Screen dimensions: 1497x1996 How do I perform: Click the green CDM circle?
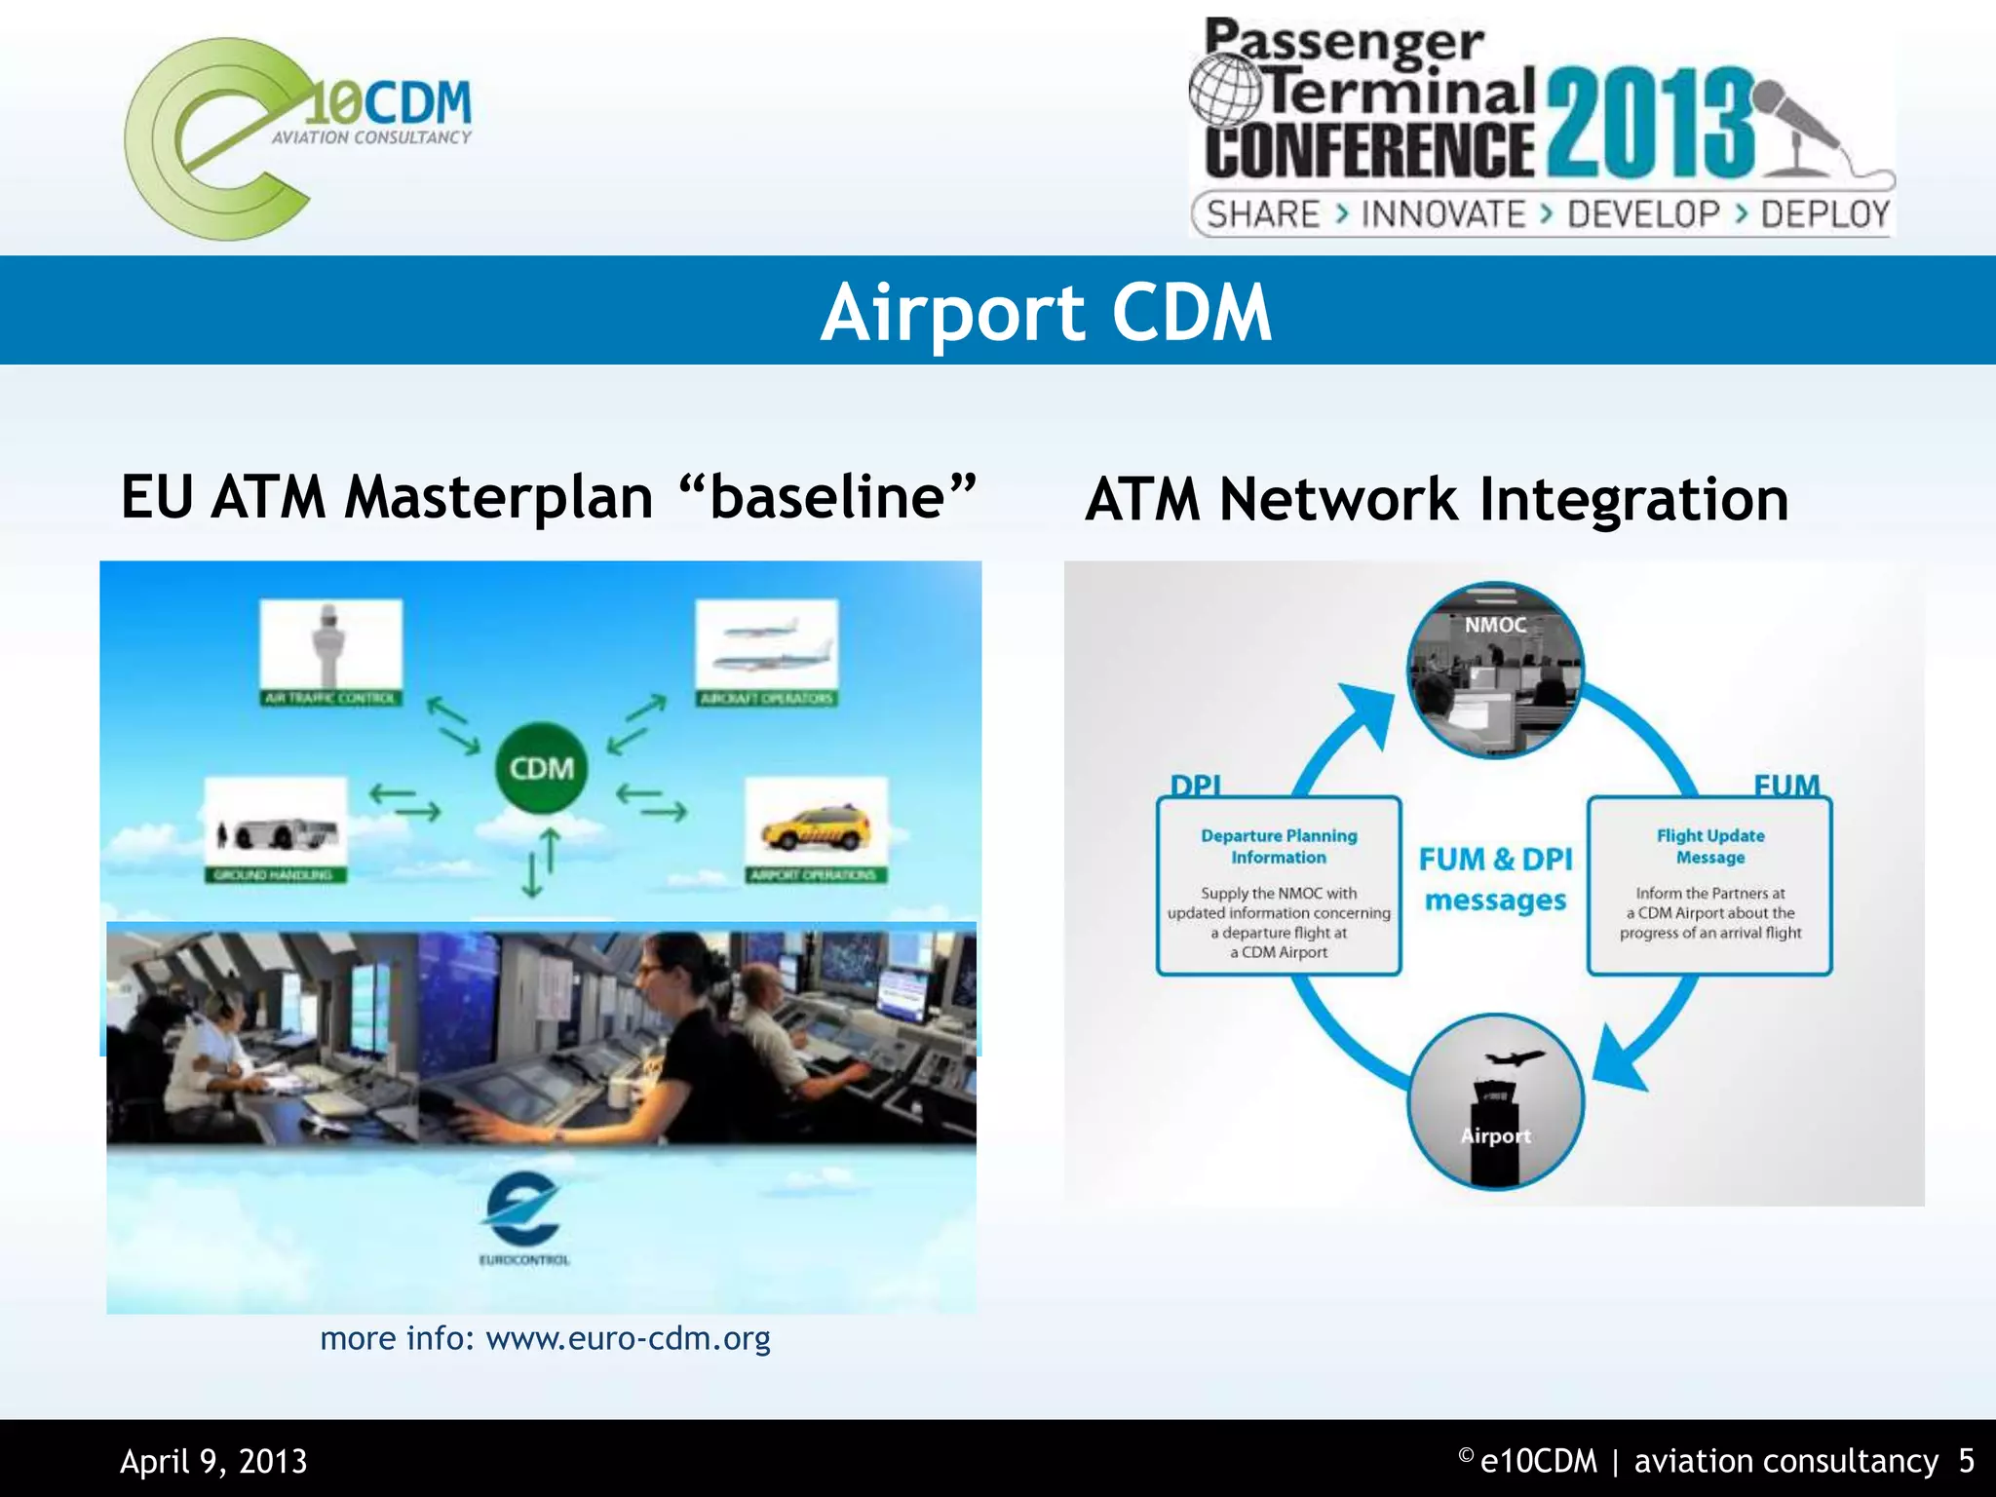[542, 768]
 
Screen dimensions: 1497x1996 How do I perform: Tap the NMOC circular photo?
[1495, 671]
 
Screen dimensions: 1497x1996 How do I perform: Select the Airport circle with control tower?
[1495, 1102]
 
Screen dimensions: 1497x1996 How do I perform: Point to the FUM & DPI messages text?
[1495, 879]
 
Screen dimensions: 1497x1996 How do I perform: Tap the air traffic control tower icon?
[329, 644]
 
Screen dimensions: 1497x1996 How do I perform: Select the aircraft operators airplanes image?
[766, 644]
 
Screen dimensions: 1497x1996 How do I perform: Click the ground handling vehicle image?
[276, 828]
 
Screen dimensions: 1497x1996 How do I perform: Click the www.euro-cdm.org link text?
[628, 1338]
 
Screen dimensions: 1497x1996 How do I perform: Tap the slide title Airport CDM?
[1046, 312]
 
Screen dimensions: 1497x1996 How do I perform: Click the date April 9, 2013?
[213, 1461]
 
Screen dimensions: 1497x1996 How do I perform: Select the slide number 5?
[1966, 1461]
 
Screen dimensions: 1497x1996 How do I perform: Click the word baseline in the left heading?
[827, 496]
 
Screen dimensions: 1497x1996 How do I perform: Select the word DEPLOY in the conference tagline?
[1824, 214]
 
